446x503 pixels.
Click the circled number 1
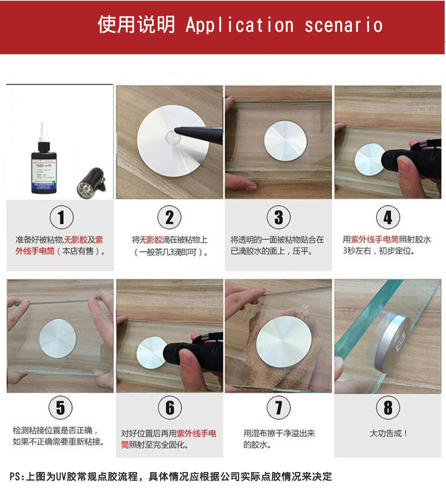coord(62,217)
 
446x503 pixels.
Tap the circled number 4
coord(388,217)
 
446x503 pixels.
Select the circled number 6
coord(170,408)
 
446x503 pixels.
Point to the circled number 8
coord(388,408)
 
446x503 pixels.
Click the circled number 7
coord(279,408)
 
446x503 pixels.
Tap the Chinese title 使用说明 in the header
coord(136,25)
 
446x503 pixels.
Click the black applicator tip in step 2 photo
coord(199,134)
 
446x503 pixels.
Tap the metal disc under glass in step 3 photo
coord(285,141)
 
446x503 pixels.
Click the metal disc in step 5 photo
coord(58,338)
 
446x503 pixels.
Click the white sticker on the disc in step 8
coord(401,342)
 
